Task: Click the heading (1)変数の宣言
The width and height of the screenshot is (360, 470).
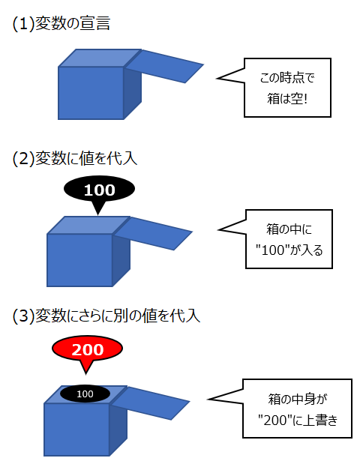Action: [61, 23]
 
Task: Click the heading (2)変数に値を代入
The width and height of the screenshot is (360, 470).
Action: [75, 158]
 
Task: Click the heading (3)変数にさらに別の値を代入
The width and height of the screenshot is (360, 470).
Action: [106, 316]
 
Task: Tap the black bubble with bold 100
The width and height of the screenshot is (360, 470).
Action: [99, 189]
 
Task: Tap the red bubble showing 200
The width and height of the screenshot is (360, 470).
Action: [87, 349]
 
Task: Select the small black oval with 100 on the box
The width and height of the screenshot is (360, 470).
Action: [85, 394]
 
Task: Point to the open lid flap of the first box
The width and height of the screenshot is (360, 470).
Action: [164, 66]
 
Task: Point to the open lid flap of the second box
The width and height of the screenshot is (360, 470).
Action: [154, 233]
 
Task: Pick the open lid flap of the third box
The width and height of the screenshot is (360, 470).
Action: [151, 403]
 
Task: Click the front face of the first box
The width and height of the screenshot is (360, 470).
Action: [91, 93]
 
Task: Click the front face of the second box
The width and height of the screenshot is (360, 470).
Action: [79, 260]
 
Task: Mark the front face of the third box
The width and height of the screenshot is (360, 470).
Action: [76, 430]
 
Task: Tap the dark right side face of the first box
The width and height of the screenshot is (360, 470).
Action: [133, 93]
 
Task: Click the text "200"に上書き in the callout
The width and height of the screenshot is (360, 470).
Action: [298, 421]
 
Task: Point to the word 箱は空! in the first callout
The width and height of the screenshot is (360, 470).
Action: [287, 99]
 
